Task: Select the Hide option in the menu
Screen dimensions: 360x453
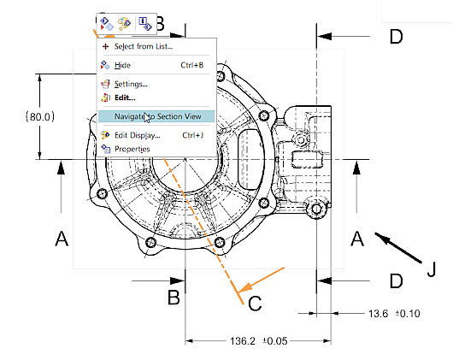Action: pyautogui.click(x=122, y=64)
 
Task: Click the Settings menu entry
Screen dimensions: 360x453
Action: pyautogui.click(x=130, y=84)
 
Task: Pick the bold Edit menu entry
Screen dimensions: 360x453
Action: pyautogui.click(x=125, y=97)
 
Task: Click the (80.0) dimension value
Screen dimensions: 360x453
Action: pyautogui.click(x=39, y=116)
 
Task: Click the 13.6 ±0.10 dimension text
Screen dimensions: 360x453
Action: pyautogui.click(x=394, y=314)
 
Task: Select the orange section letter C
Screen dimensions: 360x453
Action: pyautogui.click(x=254, y=302)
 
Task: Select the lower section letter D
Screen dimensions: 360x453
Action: pyautogui.click(x=395, y=280)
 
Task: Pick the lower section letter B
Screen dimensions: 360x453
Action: pyautogui.click(x=174, y=298)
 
